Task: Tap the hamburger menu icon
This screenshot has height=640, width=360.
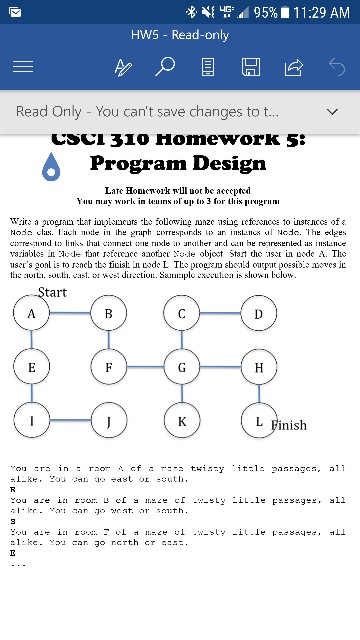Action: point(22,67)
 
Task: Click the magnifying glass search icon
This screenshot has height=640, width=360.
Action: point(165,67)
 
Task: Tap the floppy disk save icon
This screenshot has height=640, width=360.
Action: point(251,67)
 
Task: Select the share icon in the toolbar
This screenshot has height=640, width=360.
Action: point(293,67)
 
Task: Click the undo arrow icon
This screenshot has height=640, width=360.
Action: point(336,67)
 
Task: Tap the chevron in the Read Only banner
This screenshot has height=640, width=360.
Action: point(333,112)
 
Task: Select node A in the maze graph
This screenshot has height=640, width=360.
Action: point(31,313)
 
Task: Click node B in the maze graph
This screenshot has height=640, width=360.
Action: point(108,313)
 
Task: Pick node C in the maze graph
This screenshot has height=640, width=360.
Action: point(181,313)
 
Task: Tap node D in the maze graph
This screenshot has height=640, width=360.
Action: point(258,313)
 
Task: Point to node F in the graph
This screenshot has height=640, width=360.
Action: point(108,367)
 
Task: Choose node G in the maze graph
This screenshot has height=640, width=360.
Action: point(181,367)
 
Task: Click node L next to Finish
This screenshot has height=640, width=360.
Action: point(258,421)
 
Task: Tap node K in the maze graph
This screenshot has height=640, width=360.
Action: point(181,421)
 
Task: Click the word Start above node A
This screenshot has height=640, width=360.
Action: point(52,292)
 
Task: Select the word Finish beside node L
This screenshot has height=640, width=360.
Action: point(289,425)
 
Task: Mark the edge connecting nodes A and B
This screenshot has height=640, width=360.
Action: point(70,313)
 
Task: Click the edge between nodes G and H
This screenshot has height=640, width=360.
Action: point(220,367)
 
